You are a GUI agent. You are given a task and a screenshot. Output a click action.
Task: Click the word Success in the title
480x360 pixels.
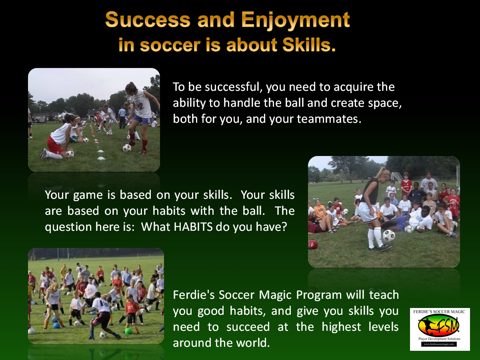point(148,20)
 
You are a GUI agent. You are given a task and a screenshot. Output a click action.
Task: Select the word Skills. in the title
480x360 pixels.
point(309,45)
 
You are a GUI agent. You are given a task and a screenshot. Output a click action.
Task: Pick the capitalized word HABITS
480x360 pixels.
point(193,227)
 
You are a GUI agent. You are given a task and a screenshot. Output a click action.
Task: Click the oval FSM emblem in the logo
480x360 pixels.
point(438,326)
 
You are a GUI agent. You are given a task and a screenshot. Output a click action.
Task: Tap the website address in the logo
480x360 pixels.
point(439,344)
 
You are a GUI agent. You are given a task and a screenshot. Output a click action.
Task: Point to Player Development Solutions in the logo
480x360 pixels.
point(439,339)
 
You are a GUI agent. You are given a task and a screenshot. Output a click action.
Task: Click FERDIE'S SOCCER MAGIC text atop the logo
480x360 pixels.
point(439,312)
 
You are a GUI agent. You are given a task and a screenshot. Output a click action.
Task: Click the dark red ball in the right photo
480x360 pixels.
point(312,244)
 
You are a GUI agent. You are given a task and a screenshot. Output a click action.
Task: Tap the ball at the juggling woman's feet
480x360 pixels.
point(389,236)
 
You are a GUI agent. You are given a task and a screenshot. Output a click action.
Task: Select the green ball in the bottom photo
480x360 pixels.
point(128,331)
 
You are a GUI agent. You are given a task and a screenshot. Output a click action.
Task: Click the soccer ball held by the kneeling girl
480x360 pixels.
point(70,154)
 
